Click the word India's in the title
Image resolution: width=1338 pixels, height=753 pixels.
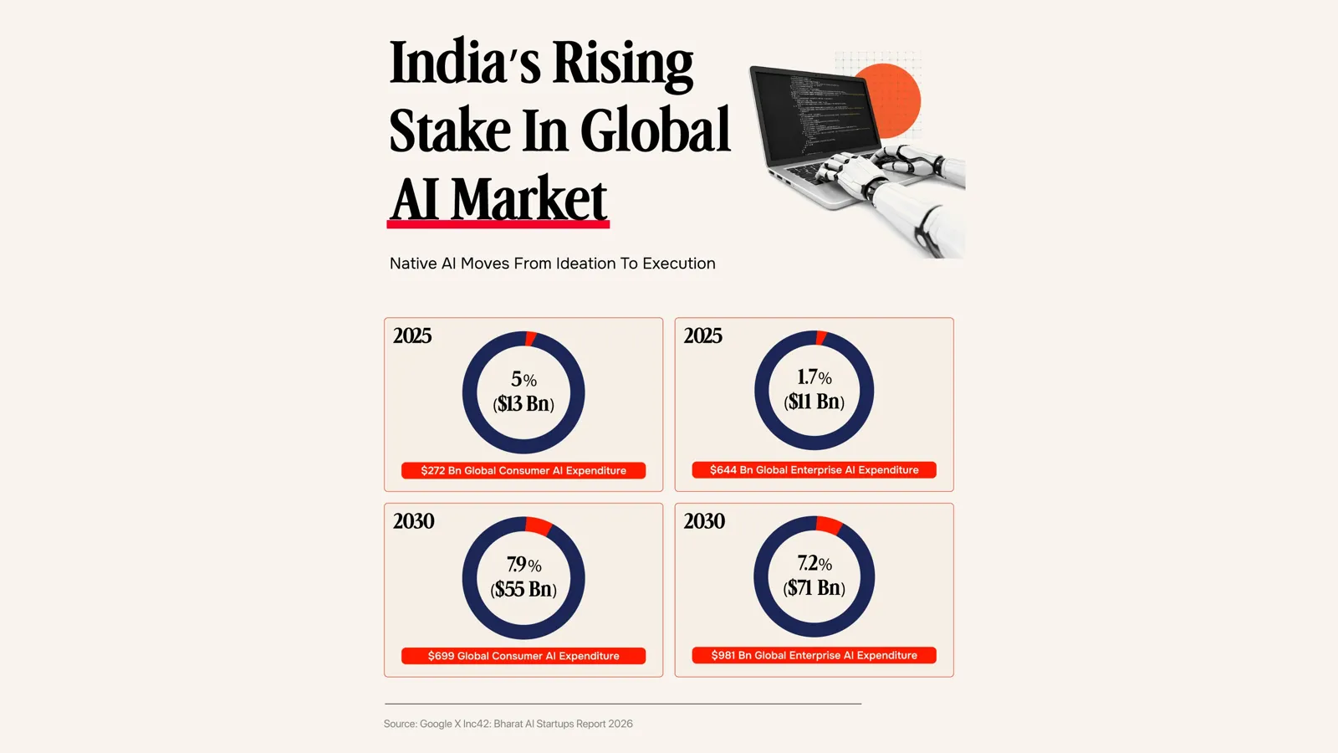click(x=465, y=62)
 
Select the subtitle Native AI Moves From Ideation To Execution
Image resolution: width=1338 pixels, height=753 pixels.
click(x=553, y=264)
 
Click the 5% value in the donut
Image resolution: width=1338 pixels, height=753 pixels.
click(x=523, y=379)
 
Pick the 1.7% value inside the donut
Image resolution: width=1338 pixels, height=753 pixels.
click(x=815, y=377)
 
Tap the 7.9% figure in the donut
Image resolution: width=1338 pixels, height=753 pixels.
click(x=523, y=564)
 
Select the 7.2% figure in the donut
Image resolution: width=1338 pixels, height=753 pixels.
click(x=815, y=563)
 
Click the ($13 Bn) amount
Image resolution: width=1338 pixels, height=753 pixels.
click(x=523, y=404)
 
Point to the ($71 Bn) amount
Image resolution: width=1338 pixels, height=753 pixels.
click(x=815, y=588)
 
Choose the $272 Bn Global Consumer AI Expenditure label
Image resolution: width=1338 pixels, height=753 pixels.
click(x=523, y=470)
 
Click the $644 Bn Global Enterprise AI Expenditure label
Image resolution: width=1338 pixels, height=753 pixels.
click(x=815, y=469)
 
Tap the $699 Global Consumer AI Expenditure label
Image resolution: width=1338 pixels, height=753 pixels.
click(x=523, y=656)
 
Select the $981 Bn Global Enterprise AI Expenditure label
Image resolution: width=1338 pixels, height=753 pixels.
click(x=815, y=655)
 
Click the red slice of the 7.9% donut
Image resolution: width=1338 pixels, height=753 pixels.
click(x=539, y=525)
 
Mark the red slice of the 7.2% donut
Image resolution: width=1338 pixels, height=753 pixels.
click(x=829, y=525)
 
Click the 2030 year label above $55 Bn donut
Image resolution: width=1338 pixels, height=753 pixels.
click(x=413, y=521)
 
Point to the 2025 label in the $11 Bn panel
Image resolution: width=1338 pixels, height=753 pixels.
click(x=702, y=336)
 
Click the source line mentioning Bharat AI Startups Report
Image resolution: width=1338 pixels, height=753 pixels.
click(x=508, y=724)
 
